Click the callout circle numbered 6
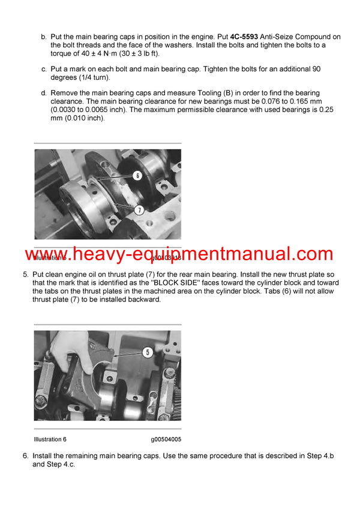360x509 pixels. click(137, 176)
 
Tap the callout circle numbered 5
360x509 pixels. click(147, 352)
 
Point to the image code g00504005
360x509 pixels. click(166, 439)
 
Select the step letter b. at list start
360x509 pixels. click(43, 37)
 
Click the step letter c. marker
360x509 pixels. click(43, 69)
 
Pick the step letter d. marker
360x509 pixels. click(43, 93)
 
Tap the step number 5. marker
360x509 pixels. click(26, 275)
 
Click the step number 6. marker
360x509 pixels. click(26, 456)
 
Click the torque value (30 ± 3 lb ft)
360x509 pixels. click(129, 53)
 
